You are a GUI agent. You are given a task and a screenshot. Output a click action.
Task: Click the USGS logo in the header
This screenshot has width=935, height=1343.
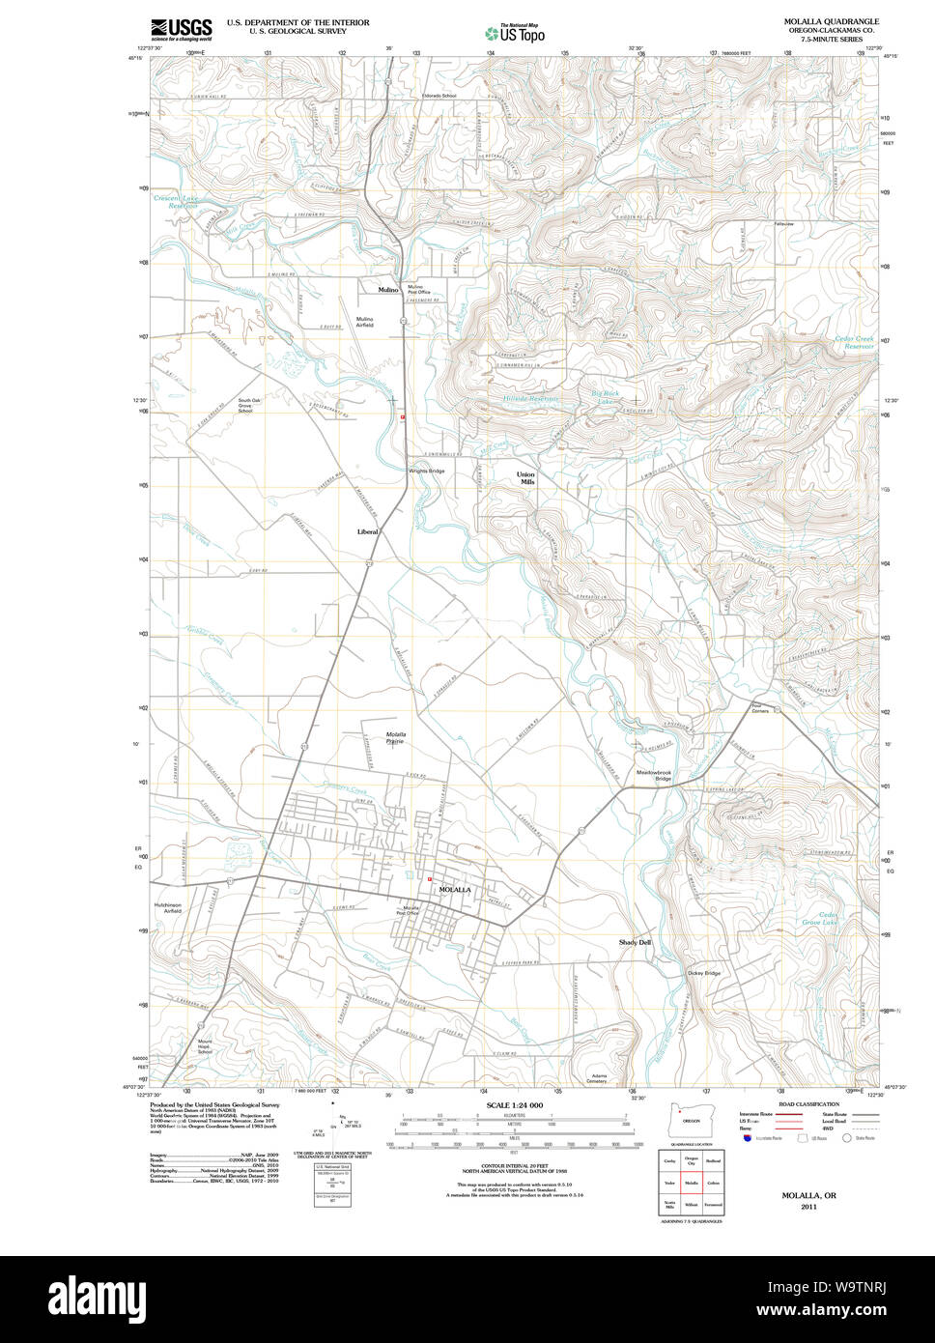tap(182, 28)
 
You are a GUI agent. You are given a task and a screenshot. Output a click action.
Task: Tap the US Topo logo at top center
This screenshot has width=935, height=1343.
tap(515, 33)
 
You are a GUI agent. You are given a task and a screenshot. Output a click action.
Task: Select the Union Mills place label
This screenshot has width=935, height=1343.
tap(525, 477)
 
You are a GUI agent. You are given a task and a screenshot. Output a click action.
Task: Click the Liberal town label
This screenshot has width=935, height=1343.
tap(368, 531)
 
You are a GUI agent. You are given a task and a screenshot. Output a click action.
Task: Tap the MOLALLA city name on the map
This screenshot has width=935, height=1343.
tap(454, 889)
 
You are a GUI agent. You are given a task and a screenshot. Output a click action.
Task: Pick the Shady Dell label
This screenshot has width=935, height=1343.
tap(635, 942)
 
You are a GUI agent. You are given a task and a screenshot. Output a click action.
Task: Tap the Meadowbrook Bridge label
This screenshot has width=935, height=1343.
tap(653, 775)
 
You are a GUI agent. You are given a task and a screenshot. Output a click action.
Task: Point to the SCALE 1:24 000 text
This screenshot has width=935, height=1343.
tap(514, 1105)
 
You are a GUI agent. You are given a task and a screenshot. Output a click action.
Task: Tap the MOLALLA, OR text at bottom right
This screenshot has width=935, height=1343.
tap(808, 1195)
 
